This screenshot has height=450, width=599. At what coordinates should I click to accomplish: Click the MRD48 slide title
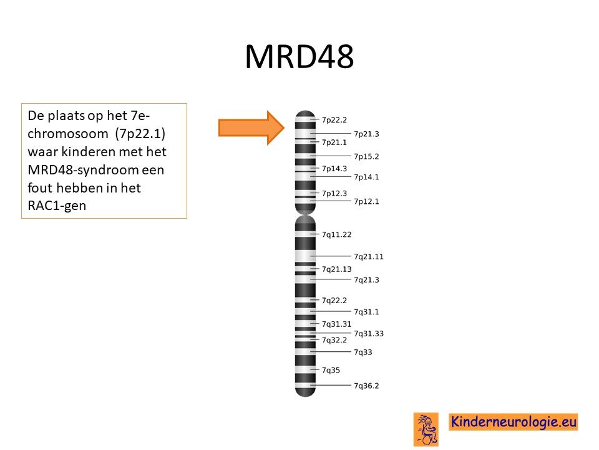(x=299, y=57)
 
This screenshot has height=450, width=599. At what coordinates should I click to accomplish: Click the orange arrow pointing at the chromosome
(x=251, y=127)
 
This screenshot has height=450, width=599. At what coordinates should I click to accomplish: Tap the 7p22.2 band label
(x=334, y=120)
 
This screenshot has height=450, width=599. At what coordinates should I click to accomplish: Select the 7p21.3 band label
(x=366, y=134)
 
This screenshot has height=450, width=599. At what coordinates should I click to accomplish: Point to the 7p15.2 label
(x=366, y=156)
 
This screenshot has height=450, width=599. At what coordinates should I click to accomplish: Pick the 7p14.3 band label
(x=334, y=168)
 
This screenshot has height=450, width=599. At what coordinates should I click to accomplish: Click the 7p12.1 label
(x=366, y=201)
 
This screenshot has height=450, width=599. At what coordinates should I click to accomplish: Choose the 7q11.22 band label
(x=336, y=234)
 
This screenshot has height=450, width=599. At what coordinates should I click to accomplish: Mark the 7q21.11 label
(x=369, y=256)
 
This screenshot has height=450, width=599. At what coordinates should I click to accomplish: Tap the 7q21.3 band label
(x=366, y=280)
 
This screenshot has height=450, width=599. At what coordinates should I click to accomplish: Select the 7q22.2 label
(x=334, y=301)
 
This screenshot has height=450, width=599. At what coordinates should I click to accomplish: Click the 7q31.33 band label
(x=369, y=334)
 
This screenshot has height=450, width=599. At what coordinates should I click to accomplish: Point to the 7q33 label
(x=363, y=352)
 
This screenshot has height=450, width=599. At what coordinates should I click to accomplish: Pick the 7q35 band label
(x=331, y=370)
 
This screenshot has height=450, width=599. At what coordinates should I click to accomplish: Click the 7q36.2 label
(x=366, y=386)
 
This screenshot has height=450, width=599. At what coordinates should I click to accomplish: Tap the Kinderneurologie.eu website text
(x=513, y=422)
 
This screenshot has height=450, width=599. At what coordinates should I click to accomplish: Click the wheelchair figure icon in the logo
(x=426, y=429)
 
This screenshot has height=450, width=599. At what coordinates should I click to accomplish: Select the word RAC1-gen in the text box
(x=57, y=206)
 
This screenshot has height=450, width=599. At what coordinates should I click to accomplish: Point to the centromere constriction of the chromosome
(x=305, y=214)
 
